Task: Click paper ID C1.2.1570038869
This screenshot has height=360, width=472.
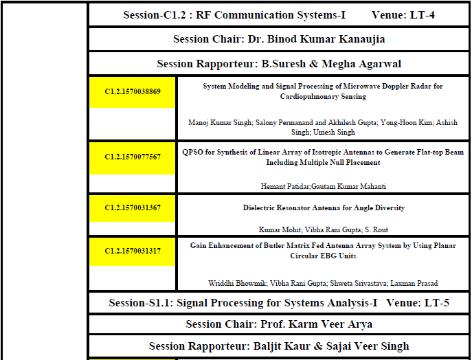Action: coord(133,91)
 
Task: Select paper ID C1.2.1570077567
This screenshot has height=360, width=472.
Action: coord(133,157)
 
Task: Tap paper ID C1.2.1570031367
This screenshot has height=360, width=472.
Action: coord(133,207)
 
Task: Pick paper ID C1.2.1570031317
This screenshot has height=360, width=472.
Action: coord(133,251)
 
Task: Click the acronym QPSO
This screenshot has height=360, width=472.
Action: coord(192,152)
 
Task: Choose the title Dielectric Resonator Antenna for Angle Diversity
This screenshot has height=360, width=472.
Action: coord(324,207)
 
